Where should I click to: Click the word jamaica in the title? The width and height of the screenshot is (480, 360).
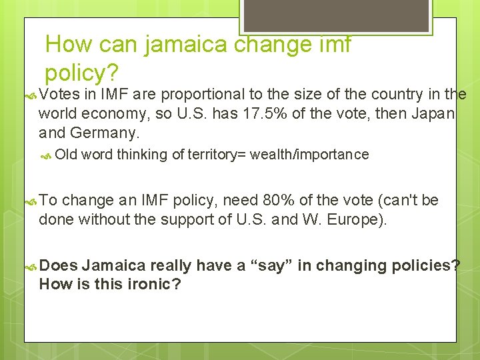click(181, 45)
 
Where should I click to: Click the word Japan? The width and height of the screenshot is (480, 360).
click(432, 114)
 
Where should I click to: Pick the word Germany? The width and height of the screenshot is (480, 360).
click(108, 133)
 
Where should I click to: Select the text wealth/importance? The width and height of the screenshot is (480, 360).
click(309, 155)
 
